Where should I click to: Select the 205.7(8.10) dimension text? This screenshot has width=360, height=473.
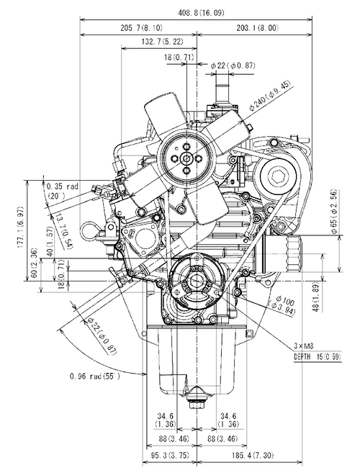[138, 28]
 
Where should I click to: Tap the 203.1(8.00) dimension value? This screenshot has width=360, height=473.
[257, 28]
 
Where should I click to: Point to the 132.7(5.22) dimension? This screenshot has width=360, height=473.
[157, 43]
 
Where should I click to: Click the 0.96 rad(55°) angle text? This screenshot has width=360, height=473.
[94, 376]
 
